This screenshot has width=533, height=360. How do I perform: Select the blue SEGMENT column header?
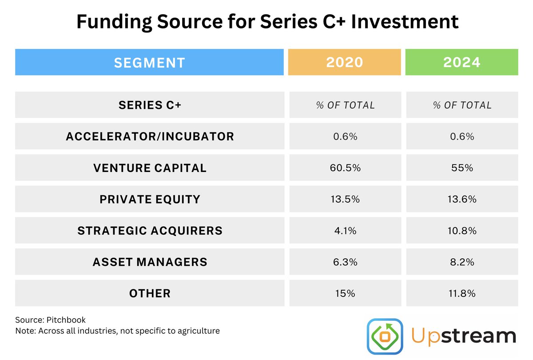(149, 62)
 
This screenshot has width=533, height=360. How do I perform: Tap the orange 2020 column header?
(345, 62)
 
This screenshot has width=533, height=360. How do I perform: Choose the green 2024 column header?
(462, 62)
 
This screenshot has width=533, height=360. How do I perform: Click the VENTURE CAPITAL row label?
(150, 168)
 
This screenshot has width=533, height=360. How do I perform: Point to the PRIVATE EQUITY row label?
(150, 199)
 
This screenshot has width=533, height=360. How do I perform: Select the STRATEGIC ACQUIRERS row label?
(150, 231)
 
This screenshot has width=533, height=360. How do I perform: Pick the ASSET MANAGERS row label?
(150, 262)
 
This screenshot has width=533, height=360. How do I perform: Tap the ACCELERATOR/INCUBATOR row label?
(150, 136)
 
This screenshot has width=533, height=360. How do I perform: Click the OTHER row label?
(150, 293)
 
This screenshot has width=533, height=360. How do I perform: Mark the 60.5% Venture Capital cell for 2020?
(345, 168)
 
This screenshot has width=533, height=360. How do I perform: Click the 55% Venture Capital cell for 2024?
(462, 168)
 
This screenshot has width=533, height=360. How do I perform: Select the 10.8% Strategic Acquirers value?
(462, 231)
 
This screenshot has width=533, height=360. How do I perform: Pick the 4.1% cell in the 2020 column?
(345, 231)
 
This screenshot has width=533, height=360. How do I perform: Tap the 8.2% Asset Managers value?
(462, 262)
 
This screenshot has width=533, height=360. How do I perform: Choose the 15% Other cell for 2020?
(345, 293)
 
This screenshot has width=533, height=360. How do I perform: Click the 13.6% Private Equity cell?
(462, 199)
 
